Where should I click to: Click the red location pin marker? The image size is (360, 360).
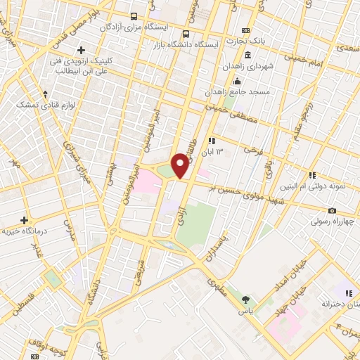point(181,165)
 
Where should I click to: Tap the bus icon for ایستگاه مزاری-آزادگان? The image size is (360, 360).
point(134,15)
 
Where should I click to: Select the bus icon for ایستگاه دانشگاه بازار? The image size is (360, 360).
point(185,33)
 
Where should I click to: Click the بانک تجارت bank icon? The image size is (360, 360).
point(245,30)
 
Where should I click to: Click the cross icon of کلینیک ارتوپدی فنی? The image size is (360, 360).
point(82,50)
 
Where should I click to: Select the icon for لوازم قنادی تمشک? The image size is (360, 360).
point(46,93)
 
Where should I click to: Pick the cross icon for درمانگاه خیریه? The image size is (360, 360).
point(24,220)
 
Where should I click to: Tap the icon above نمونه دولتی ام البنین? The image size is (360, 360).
point(312,175)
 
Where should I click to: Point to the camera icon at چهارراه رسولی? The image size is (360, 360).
point(332,210)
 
